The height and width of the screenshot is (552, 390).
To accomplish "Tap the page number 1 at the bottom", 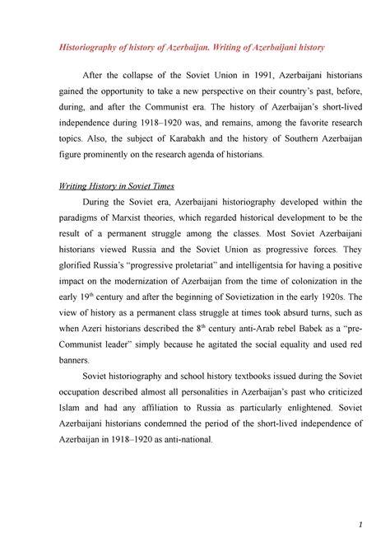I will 361,525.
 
